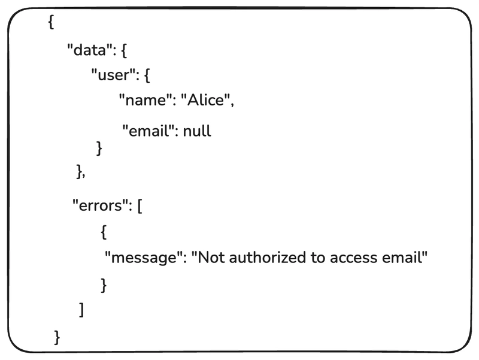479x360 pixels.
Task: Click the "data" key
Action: pos(90,51)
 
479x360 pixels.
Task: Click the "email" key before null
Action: pos(148,131)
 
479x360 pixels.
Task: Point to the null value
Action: pos(197,131)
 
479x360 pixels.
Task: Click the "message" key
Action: pos(143,258)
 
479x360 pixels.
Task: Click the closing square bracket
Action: pos(81,310)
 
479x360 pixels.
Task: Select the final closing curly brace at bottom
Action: pos(57,336)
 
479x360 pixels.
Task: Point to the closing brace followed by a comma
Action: pos(80,172)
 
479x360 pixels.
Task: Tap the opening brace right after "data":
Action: pos(124,52)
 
